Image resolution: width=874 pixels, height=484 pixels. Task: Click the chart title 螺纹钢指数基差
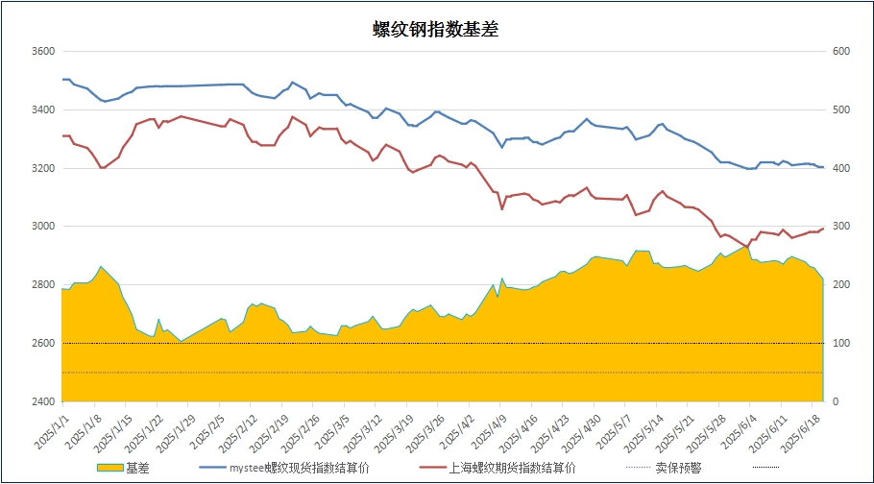[x=435, y=30]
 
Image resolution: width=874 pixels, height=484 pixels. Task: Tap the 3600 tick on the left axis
[x=42, y=51]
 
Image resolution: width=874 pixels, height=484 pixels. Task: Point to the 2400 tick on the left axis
[x=42, y=401]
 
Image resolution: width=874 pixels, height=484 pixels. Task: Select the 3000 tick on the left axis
[x=42, y=227]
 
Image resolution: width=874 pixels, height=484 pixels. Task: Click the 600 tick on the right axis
[x=840, y=51]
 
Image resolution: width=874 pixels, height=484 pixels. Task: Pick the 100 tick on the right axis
[x=840, y=343]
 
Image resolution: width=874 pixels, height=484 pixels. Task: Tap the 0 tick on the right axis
[x=836, y=401]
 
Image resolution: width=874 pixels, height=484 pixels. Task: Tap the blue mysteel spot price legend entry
[x=283, y=468]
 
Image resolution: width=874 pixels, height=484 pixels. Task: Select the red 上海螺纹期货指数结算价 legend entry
[x=496, y=468]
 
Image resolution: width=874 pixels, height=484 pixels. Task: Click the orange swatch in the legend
[x=109, y=468]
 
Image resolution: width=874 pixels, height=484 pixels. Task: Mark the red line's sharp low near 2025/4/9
[x=501, y=209]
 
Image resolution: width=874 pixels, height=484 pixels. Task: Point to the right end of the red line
[x=823, y=228]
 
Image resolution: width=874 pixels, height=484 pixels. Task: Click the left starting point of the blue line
[x=62, y=79]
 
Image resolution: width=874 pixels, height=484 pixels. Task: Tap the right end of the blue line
[x=823, y=167]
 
